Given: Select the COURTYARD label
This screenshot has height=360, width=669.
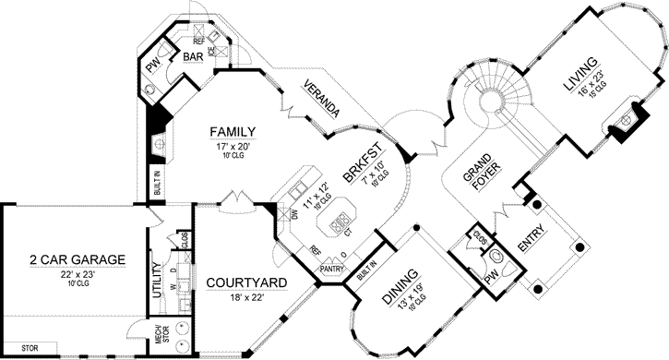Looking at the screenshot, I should coord(245,282).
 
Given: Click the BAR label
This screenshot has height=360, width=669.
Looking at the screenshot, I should coord(192,58).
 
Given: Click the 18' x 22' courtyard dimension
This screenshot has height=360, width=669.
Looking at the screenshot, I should coord(245,297).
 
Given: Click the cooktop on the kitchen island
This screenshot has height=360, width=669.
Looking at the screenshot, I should coord(340,220).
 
